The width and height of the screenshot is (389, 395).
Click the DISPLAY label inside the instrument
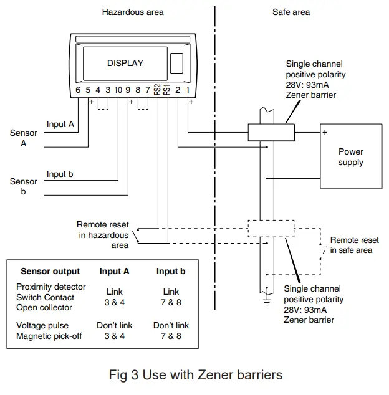[125, 63]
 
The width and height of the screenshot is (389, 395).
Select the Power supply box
[350, 157]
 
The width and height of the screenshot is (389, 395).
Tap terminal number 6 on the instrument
[78, 90]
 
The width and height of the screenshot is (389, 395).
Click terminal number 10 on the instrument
[118, 90]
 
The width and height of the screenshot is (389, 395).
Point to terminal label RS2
[157, 90]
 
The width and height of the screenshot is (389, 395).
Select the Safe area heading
[291, 12]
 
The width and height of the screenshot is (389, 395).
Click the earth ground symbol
[267, 302]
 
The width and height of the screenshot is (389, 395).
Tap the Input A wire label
[60, 125]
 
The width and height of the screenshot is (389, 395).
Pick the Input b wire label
[60, 174]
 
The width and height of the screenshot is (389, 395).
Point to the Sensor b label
[24, 187]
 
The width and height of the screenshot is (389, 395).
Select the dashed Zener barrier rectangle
[270, 228]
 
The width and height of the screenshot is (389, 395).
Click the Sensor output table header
[50, 271]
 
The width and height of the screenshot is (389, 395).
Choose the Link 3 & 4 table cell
[114, 297]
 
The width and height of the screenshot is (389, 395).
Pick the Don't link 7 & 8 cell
[171, 331]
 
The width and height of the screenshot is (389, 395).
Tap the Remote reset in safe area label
[353, 245]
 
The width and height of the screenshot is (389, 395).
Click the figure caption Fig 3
[195, 374]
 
